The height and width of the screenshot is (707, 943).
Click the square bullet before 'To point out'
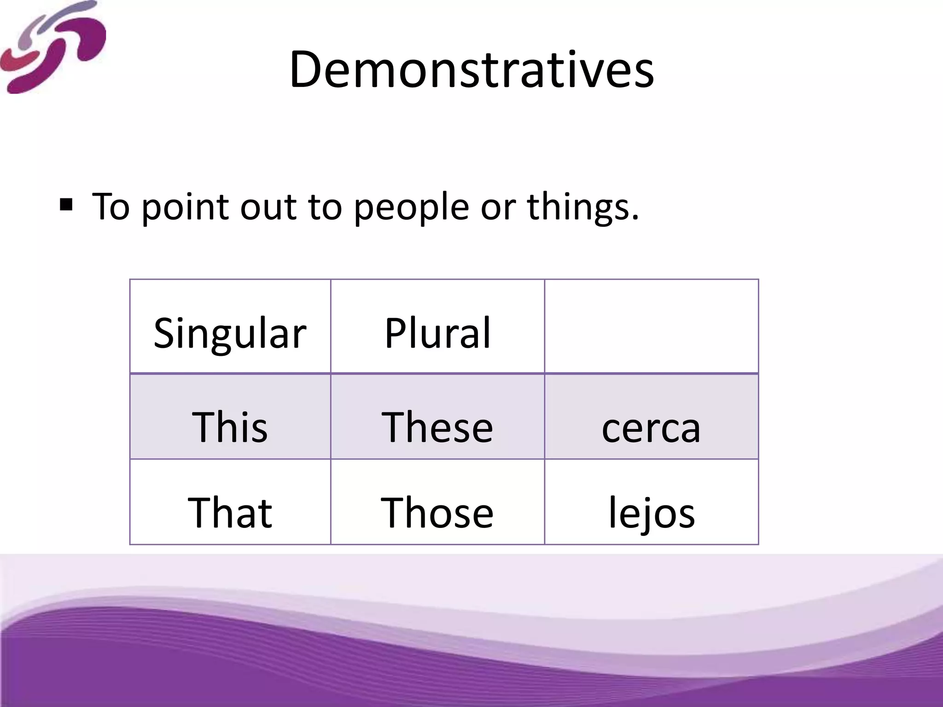(66, 204)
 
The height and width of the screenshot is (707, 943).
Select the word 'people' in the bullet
(411, 207)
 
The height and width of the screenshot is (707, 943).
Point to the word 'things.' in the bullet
(583, 207)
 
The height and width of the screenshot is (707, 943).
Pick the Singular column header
(230, 332)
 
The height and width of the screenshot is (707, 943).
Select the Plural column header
(437, 332)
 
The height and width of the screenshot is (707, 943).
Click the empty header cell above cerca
(651, 326)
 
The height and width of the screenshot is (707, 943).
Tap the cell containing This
(230, 426)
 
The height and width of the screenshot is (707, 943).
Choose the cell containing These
(437, 426)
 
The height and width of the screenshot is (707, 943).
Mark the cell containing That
(230, 512)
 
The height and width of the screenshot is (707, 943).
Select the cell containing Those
(437, 512)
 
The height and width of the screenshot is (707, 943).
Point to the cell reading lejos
(651, 512)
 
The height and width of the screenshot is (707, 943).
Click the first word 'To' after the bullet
(111, 207)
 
